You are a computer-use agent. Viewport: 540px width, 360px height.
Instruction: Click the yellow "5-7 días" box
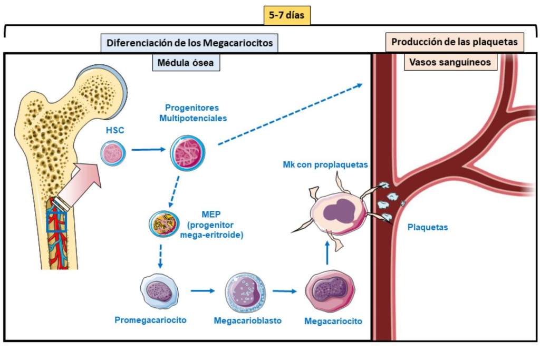point(287,15)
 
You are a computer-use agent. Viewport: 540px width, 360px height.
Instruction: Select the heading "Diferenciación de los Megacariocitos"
point(190,43)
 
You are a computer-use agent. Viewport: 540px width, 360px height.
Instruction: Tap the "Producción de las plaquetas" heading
point(454,42)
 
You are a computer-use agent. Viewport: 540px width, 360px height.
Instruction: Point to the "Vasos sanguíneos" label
point(450,62)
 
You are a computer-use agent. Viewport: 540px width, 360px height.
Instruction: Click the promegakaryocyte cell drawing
point(157,291)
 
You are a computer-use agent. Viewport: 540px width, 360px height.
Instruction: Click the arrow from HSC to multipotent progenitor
point(148,150)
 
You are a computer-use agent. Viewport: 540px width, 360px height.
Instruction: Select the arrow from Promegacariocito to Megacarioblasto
point(204,290)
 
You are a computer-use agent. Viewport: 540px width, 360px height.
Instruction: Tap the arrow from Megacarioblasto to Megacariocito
point(285,290)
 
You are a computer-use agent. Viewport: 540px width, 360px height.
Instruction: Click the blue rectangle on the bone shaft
point(56,220)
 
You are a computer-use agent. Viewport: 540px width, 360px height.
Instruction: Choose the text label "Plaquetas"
point(428,228)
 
